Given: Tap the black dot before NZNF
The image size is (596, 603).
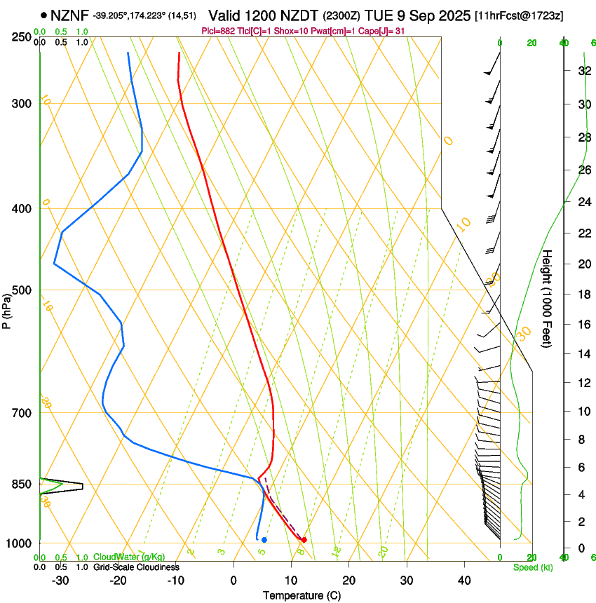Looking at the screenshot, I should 44,15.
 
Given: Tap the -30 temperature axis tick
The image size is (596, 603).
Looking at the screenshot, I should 60,581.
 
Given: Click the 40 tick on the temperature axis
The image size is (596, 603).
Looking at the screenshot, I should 463,581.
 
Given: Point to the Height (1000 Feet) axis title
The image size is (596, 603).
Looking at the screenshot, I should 548,298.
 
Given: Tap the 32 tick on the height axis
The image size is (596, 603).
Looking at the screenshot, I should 583,71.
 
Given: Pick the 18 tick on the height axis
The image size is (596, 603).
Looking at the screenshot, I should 583,294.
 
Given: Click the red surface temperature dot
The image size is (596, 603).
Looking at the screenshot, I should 304,539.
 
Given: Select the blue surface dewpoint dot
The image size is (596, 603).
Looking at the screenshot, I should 264,539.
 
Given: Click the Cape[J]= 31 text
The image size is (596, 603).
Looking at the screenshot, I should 381,31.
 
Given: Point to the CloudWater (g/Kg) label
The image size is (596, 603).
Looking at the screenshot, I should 129,557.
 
